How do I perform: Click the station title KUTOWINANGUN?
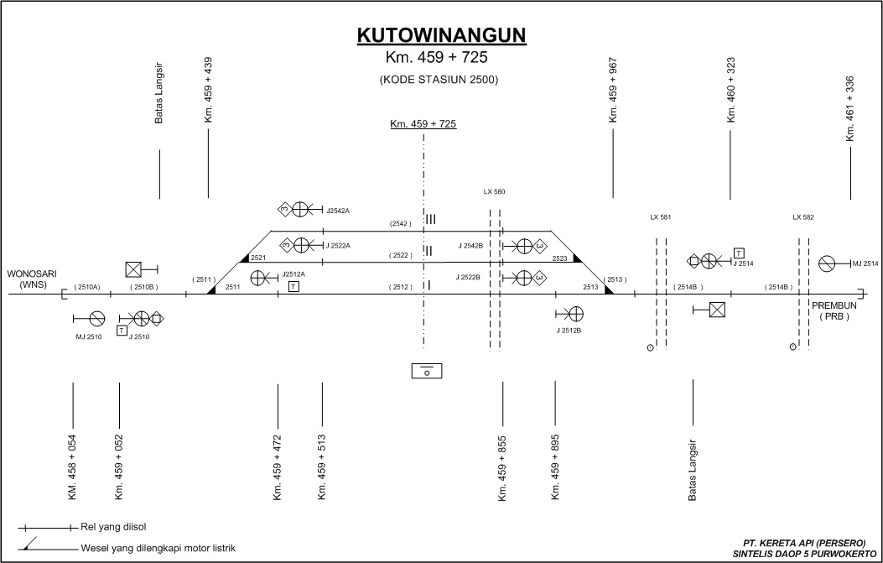pos(441,35)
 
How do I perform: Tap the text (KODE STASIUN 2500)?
pos(439,80)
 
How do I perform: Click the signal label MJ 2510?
pos(88,337)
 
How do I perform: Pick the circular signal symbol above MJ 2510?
pos(97,319)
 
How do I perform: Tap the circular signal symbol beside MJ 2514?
pos(826,263)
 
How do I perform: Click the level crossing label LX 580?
pos(494,191)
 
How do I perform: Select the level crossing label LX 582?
pos(803,217)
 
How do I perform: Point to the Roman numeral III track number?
pos(431,219)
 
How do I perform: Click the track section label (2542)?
pos(400,224)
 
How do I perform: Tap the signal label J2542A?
pos(338,211)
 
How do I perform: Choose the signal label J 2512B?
pos(569,331)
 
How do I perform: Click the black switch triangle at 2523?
pos(577,258)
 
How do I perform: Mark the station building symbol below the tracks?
pos(427,371)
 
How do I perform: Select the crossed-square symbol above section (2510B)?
pos(132,269)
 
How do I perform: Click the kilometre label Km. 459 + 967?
pos(613,90)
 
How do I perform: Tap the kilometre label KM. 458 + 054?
pos(73,467)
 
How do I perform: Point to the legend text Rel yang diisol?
pos(114,527)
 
